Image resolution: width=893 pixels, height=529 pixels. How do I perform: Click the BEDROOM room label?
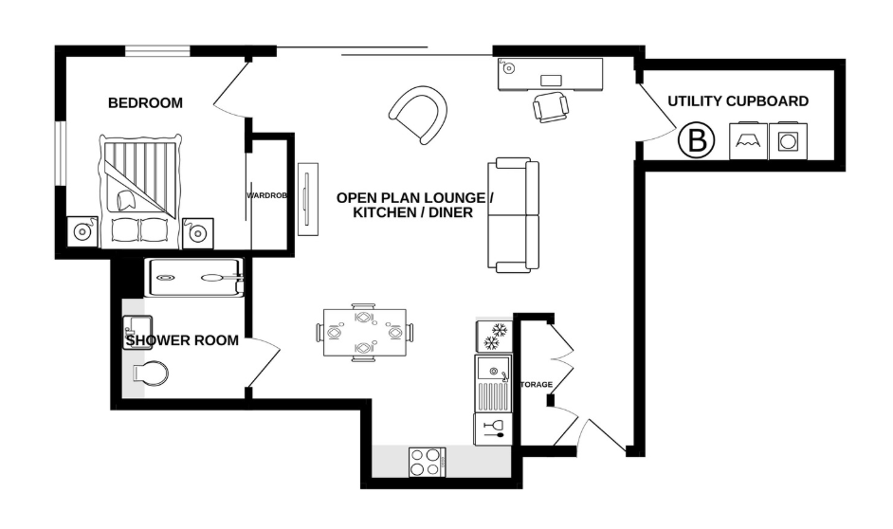[145, 103]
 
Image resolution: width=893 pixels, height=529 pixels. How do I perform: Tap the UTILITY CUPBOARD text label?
[738, 101]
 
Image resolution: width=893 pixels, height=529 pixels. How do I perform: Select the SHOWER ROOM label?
[182, 340]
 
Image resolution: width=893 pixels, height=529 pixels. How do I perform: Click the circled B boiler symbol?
[697, 142]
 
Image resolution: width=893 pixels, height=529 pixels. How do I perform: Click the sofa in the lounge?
[514, 215]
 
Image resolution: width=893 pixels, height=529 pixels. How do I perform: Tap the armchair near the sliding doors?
[420, 115]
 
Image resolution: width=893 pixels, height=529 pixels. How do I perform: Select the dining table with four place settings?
[364, 333]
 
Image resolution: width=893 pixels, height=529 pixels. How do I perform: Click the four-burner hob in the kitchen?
[428, 462]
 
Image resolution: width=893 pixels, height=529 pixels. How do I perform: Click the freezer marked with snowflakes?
[493, 335]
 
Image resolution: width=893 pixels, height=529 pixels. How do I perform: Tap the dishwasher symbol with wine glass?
[493, 429]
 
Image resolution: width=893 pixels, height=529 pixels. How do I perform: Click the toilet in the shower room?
[151, 373]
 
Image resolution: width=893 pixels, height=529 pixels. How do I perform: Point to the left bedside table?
[82, 231]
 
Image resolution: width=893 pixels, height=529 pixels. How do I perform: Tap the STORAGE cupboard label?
[535, 384]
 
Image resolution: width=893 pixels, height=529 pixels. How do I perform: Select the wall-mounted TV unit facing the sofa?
[305, 199]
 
